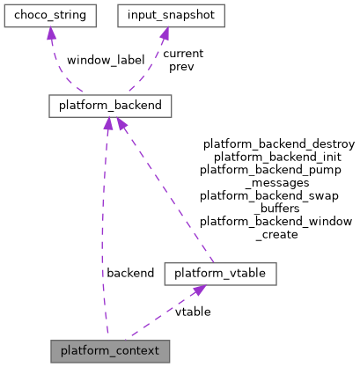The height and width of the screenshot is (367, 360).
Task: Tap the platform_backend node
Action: tap(109, 106)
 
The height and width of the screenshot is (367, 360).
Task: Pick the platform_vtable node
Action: tap(220, 274)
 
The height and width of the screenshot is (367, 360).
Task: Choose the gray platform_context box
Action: tap(109, 350)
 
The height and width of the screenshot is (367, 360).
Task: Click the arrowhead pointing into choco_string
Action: tap(52, 34)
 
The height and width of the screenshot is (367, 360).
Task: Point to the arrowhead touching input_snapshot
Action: tap(164, 34)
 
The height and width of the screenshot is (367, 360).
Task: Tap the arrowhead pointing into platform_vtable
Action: tap(200, 291)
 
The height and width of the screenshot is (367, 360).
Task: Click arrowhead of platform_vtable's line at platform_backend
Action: tap(121, 125)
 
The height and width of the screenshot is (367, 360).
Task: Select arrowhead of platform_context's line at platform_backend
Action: tap(107, 125)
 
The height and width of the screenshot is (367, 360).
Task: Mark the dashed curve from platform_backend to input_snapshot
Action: tap(151, 70)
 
